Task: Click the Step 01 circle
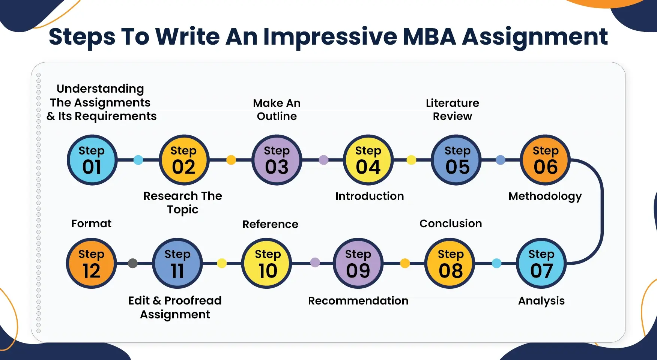point(92,160)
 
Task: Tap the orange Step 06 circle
point(546,160)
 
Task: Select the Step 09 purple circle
point(358,263)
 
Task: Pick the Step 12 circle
point(92,263)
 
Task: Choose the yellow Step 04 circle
point(368,160)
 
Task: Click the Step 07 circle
point(541,263)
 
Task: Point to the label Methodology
point(545,196)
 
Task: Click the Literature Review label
point(453,109)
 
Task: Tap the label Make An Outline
point(277,109)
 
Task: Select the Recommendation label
point(358,301)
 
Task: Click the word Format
point(92,223)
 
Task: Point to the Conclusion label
point(451,223)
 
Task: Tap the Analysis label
point(541,301)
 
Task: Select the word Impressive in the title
point(330,37)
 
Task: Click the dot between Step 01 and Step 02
point(138,160)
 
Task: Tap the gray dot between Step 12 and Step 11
point(133,263)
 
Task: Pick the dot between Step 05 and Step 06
point(501,160)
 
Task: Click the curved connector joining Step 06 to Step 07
point(602,211)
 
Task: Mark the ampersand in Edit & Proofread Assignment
point(157,301)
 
